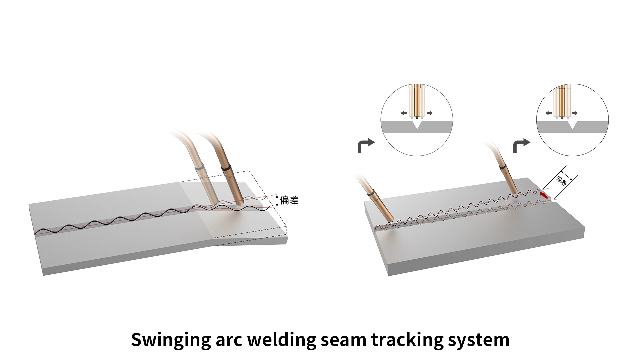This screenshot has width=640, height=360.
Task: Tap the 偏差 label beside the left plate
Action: (x=289, y=200)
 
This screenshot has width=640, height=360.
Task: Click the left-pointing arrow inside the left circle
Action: (x=404, y=113)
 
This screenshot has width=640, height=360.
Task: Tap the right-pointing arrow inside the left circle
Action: (x=429, y=113)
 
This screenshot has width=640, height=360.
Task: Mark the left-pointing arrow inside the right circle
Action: (x=549, y=113)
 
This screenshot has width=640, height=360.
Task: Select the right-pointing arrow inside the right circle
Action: (x=574, y=113)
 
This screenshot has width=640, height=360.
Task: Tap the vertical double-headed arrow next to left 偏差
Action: (x=276, y=201)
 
